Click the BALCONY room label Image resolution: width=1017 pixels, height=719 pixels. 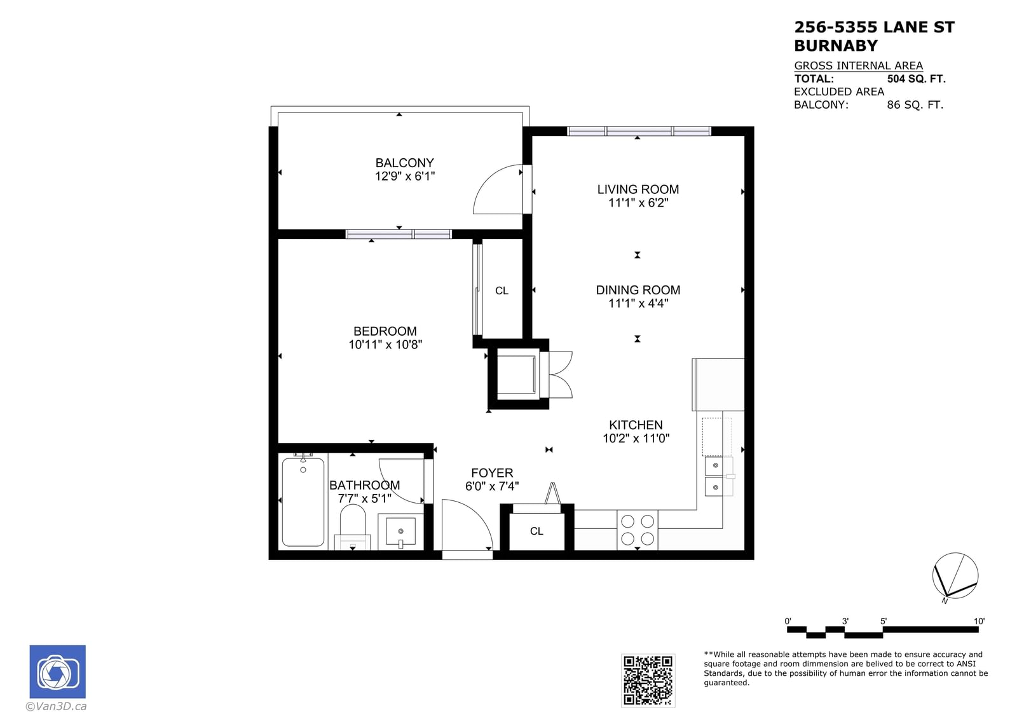point(404,163)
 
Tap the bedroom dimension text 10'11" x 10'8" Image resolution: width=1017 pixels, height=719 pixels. point(385,345)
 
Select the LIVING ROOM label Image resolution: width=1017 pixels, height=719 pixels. point(638,189)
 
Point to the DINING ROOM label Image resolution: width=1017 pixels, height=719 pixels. point(638,290)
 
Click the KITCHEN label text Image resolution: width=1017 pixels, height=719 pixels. point(636,425)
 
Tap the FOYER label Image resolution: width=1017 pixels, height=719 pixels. point(492,473)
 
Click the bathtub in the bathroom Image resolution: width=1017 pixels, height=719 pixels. point(303,502)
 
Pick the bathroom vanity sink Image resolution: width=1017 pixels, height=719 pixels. point(400,531)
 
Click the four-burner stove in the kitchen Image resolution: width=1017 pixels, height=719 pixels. point(637,530)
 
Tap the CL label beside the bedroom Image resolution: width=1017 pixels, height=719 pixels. point(502,291)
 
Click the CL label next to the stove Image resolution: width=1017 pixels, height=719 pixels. point(536,531)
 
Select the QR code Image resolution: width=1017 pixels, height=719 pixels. point(648,680)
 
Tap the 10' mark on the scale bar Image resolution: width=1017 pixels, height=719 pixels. point(979,621)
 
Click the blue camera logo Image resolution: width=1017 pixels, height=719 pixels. point(58,672)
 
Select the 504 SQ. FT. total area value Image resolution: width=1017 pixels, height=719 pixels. point(916,79)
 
